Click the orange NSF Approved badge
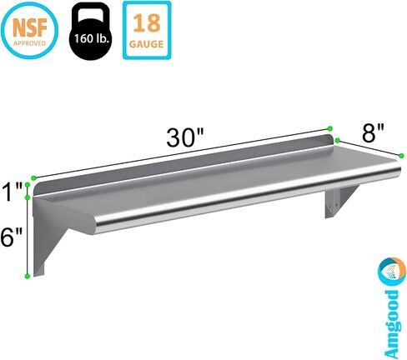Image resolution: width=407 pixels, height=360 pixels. click(x=31, y=30)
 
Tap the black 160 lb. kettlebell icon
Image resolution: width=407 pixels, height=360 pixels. click(x=91, y=33)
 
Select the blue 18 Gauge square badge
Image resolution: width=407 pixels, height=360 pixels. click(x=152, y=30)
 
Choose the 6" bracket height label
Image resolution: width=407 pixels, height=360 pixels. click(x=13, y=237)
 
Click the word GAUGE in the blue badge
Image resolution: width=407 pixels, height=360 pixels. click(x=152, y=42)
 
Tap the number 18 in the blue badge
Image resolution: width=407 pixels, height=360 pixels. click(x=152, y=22)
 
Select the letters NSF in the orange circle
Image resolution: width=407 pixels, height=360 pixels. click(x=31, y=25)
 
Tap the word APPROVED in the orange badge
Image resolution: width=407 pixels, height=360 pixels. click(x=31, y=39)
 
